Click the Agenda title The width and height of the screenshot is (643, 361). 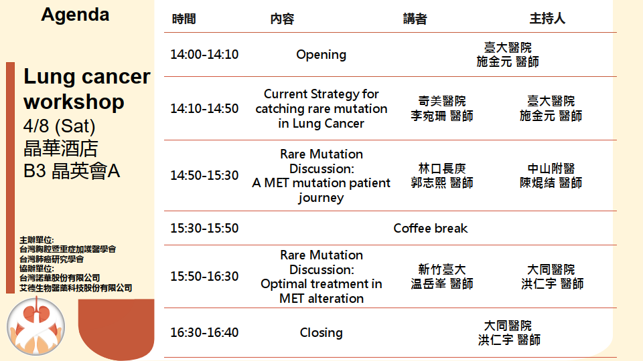point(75,15)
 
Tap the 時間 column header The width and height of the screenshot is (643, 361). point(184,19)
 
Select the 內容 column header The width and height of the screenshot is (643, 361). point(282,19)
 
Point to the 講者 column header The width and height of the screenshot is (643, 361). point(415,19)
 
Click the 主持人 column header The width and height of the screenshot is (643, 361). point(547,19)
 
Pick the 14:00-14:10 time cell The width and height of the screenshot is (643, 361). point(204,54)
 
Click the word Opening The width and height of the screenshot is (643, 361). point(321,55)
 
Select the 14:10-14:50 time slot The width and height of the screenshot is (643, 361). point(204,108)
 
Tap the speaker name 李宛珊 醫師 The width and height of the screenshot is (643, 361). point(442,116)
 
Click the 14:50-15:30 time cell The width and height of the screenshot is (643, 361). point(204,176)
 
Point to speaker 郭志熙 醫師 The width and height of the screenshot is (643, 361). point(442,183)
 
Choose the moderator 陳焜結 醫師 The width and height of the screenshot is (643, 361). point(551,183)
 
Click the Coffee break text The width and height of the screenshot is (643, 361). point(431,229)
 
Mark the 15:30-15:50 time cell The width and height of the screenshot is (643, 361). point(204,229)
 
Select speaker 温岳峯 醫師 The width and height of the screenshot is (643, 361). point(442,283)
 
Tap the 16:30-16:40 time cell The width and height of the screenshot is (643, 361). point(204,333)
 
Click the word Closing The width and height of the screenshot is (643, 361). point(321,333)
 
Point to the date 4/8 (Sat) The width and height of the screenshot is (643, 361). point(60,126)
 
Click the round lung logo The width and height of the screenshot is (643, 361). point(36,327)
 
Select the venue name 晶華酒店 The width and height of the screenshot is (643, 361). point(61,148)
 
